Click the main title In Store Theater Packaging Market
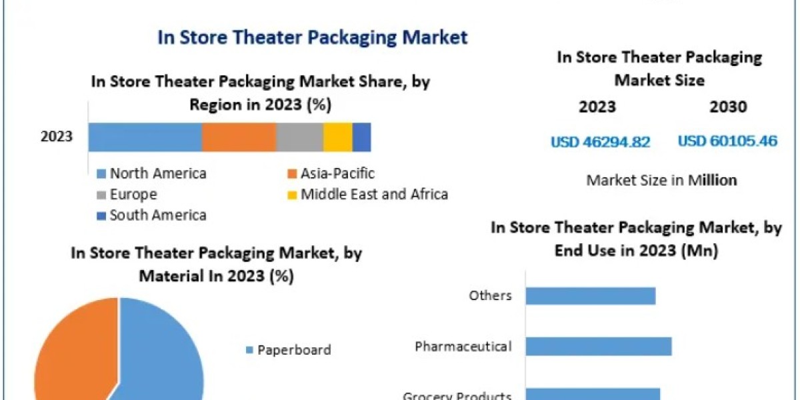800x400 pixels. (312, 37)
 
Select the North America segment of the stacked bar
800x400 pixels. (145, 137)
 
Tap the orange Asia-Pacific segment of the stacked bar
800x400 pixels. (239, 137)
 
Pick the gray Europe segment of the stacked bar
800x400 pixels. (299, 137)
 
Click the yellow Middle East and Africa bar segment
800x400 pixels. (338, 137)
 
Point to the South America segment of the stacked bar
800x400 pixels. (361, 137)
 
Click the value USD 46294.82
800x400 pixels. (600, 142)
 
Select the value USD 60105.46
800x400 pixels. (727, 141)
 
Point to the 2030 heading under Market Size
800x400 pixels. (729, 107)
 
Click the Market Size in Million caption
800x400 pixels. (661, 180)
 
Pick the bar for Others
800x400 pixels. (590, 295)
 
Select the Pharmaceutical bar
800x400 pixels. (598, 347)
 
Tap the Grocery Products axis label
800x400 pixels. (457, 395)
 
